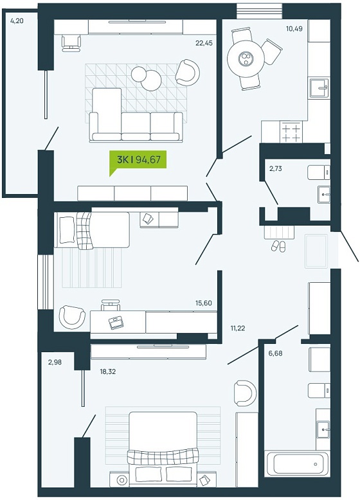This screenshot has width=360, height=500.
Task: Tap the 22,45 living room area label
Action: coord(204,42)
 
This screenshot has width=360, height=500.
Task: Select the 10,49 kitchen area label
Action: coord(294,29)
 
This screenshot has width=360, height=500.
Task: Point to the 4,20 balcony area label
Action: coord(17,21)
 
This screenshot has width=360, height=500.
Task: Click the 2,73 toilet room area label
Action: coord(276,168)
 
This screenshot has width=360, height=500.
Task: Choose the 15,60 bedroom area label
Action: coord(204,303)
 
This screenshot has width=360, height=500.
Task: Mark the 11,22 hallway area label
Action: coord(238,328)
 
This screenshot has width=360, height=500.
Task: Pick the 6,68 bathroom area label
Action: coord(276,353)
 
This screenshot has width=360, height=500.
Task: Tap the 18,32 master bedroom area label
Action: coord(107,371)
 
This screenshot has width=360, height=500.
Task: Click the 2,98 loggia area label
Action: coord(55,362)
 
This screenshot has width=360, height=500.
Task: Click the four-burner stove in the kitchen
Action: coord(291,132)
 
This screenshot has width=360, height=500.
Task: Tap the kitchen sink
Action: coord(319,87)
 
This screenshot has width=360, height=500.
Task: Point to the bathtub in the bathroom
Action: coord(296,463)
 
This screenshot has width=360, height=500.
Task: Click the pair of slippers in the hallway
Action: coord(278,246)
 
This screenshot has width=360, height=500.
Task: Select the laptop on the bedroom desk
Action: coord(116,322)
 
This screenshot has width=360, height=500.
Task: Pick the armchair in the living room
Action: coord(188,73)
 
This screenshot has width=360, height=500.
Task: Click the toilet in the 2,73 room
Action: coord(319,172)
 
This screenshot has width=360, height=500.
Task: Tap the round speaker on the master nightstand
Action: coord(122,479)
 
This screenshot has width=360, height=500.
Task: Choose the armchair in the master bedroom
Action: coord(245,393)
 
